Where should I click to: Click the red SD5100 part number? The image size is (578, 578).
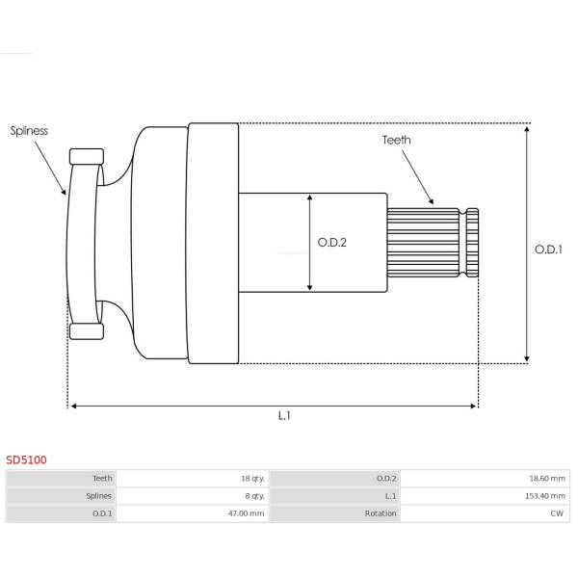pyautogui.click(x=26, y=460)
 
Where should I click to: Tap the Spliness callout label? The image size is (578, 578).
pyautogui.click(x=29, y=131)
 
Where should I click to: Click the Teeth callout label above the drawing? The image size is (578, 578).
pyautogui.click(x=396, y=140)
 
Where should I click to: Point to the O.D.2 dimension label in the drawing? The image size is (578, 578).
pyautogui.click(x=331, y=243)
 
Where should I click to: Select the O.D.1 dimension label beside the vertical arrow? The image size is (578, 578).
pyautogui.click(x=548, y=250)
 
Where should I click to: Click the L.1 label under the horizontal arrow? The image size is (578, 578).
pyautogui.click(x=284, y=416)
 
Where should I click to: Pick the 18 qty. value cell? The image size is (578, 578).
pyautogui.click(x=193, y=479)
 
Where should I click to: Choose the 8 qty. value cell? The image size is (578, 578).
pyautogui.click(x=193, y=496)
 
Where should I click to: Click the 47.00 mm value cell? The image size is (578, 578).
pyautogui.click(x=193, y=513)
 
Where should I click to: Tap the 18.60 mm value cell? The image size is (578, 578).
pyautogui.click(x=485, y=479)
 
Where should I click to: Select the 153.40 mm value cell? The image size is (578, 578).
pyautogui.click(x=485, y=496)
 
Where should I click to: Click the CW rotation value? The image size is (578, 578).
pyautogui.click(x=557, y=513)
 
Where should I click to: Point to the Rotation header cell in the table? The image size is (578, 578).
pyautogui.click(x=334, y=513)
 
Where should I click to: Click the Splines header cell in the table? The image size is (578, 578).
pyautogui.click(x=61, y=496)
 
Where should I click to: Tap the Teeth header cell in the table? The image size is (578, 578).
pyautogui.click(x=61, y=479)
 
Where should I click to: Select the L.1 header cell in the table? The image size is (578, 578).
pyautogui.click(x=334, y=496)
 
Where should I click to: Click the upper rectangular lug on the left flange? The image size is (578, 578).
pyautogui.click(x=87, y=157)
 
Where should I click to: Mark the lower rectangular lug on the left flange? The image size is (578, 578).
pyautogui.click(x=87, y=331)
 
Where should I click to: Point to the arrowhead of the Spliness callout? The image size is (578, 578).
pyautogui.click(x=65, y=192)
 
